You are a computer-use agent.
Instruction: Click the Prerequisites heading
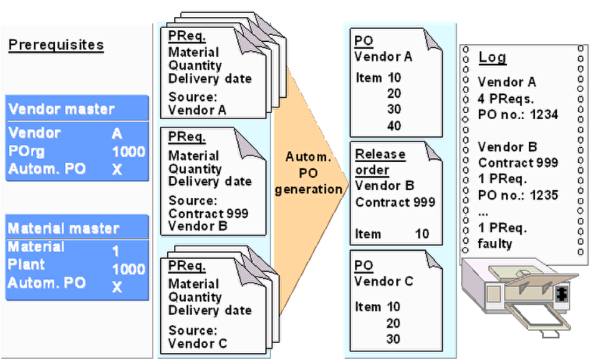click(x=55, y=46)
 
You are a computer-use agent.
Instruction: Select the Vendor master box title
click(x=61, y=110)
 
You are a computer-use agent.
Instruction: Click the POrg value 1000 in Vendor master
click(x=128, y=152)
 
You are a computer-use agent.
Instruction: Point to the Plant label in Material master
click(x=26, y=264)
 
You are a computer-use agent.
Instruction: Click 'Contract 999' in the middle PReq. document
click(x=208, y=213)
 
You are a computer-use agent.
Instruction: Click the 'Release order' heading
click(x=380, y=162)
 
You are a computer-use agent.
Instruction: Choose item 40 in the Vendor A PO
click(x=393, y=127)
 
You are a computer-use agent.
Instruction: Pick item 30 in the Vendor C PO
click(x=393, y=340)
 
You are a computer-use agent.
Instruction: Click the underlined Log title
click(x=492, y=57)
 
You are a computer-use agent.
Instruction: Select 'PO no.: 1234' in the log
click(x=518, y=115)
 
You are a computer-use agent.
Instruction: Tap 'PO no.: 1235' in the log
click(x=518, y=194)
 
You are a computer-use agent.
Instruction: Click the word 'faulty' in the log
click(x=495, y=243)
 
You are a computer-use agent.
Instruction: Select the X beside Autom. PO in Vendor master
click(x=117, y=169)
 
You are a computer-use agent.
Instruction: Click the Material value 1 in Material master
click(x=115, y=251)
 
